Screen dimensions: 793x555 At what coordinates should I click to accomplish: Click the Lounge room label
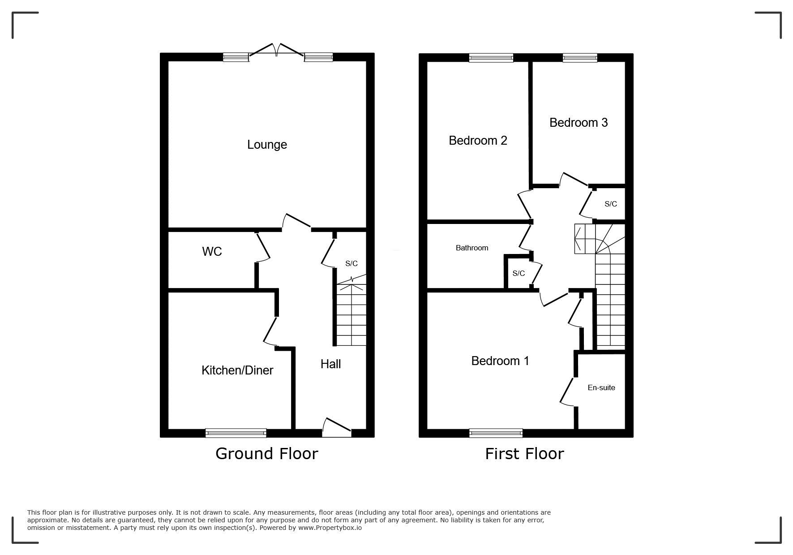tap(267, 145)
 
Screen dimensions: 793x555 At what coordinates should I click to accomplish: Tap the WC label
tap(212, 251)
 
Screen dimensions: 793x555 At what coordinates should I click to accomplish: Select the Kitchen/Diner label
tap(237, 370)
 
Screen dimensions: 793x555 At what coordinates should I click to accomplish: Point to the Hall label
tap(330, 364)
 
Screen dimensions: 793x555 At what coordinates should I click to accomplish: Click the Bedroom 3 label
tap(579, 122)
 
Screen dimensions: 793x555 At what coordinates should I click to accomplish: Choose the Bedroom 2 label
tap(478, 141)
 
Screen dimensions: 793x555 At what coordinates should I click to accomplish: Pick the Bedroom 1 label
tap(500, 361)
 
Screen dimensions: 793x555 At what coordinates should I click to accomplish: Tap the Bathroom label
tap(472, 248)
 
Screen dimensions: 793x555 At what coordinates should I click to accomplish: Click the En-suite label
tap(601, 387)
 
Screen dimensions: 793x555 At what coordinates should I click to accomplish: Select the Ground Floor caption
tap(267, 453)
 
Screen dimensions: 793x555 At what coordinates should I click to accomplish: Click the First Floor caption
tap(524, 453)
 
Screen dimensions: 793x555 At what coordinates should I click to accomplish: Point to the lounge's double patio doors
tap(277, 50)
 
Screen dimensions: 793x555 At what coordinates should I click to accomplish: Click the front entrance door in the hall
tap(337, 428)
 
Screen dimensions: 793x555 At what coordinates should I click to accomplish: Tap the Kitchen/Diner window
tap(236, 433)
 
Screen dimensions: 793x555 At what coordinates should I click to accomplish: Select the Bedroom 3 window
tap(580, 57)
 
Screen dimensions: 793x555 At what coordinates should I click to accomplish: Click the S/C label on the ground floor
tap(351, 263)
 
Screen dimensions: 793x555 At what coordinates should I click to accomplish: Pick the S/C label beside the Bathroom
tap(519, 273)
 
